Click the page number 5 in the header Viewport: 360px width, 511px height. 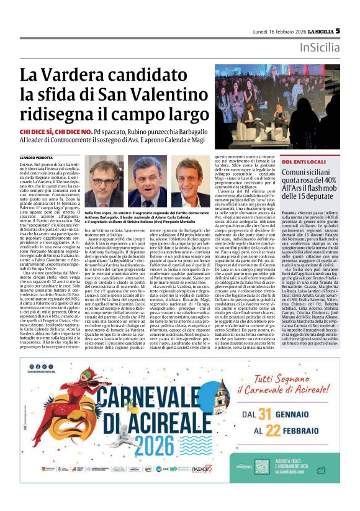338,30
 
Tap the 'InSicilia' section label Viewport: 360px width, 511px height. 319,47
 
